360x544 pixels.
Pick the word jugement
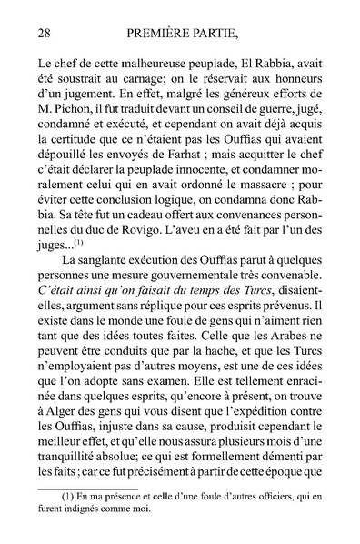coord(92,101)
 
